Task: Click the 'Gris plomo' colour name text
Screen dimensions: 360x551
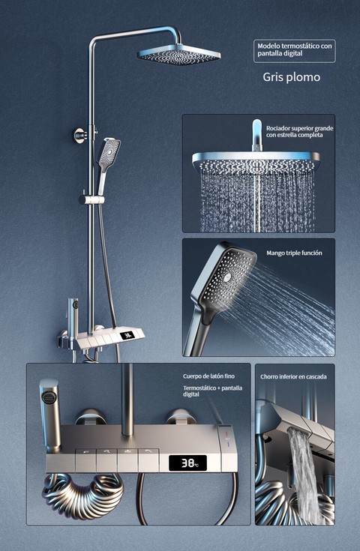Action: click(x=292, y=77)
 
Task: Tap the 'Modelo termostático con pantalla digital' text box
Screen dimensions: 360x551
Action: click(x=295, y=51)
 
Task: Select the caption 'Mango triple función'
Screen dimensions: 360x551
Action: click(x=294, y=253)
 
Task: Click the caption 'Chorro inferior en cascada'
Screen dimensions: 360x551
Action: click(x=293, y=376)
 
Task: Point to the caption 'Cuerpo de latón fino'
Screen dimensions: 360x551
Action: click(x=208, y=376)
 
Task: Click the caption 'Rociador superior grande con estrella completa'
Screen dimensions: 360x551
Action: click(x=299, y=131)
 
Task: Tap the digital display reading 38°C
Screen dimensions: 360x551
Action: click(x=187, y=463)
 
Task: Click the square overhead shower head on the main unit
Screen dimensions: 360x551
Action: click(x=178, y=55)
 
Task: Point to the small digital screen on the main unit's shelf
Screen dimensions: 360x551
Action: click(x=127, y=336)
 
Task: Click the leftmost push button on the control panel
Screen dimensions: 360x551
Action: click(x=85, y=460)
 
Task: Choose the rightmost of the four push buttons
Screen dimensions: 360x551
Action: click(x=148, y=460)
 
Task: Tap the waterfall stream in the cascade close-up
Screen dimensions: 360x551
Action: click(x=303, y=475)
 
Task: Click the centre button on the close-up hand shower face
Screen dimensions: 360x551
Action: click(x=228, y=278)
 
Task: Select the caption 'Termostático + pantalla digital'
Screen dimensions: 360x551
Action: click(x=212, y=391)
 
